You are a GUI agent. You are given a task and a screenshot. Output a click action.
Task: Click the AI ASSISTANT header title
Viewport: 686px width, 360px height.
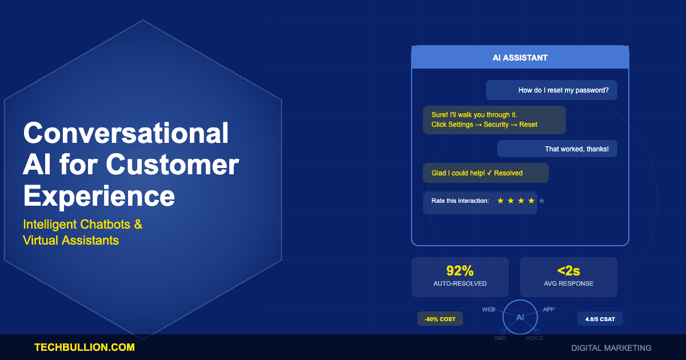click(520, 58)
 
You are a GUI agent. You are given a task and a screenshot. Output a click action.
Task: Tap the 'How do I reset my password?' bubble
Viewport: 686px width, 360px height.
click(563, 90)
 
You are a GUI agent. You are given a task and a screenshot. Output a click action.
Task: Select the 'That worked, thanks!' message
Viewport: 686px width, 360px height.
click(576, 149)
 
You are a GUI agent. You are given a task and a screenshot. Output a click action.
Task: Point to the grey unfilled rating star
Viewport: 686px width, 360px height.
click(542, 201)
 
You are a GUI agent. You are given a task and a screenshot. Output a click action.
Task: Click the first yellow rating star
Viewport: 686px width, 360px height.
click(501, 201)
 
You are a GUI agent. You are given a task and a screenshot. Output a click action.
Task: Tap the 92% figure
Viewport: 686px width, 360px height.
click(460, 271)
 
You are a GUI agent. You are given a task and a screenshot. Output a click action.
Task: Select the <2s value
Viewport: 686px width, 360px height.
click(568, 271)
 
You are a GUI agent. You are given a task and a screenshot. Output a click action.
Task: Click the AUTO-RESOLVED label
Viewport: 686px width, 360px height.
click(460, 283)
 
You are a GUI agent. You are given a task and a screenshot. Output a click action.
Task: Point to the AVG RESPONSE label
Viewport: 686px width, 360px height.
click(568, 283)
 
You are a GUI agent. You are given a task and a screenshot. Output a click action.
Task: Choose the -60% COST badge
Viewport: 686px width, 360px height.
click(440, 319)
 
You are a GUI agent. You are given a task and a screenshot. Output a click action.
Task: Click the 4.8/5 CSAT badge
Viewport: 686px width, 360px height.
click(600, 319)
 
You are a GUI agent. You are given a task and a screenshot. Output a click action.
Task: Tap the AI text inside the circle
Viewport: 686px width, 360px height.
click(520, 317)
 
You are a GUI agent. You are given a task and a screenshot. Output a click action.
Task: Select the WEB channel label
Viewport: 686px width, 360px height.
click(488, 309)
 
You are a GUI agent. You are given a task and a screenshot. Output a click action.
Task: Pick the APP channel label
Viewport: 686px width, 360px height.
click(548, 309)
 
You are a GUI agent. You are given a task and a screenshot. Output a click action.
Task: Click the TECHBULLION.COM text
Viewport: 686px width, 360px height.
click(85, 347)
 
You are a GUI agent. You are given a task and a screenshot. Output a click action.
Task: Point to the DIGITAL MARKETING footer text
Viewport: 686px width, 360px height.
click(611, 347)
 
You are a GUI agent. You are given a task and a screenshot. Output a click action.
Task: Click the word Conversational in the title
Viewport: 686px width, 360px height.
click(126, 133)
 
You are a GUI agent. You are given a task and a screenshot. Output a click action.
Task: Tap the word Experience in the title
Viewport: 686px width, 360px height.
click(99, 195)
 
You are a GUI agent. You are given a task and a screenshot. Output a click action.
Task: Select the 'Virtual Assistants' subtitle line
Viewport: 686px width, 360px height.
click(71, 240)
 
